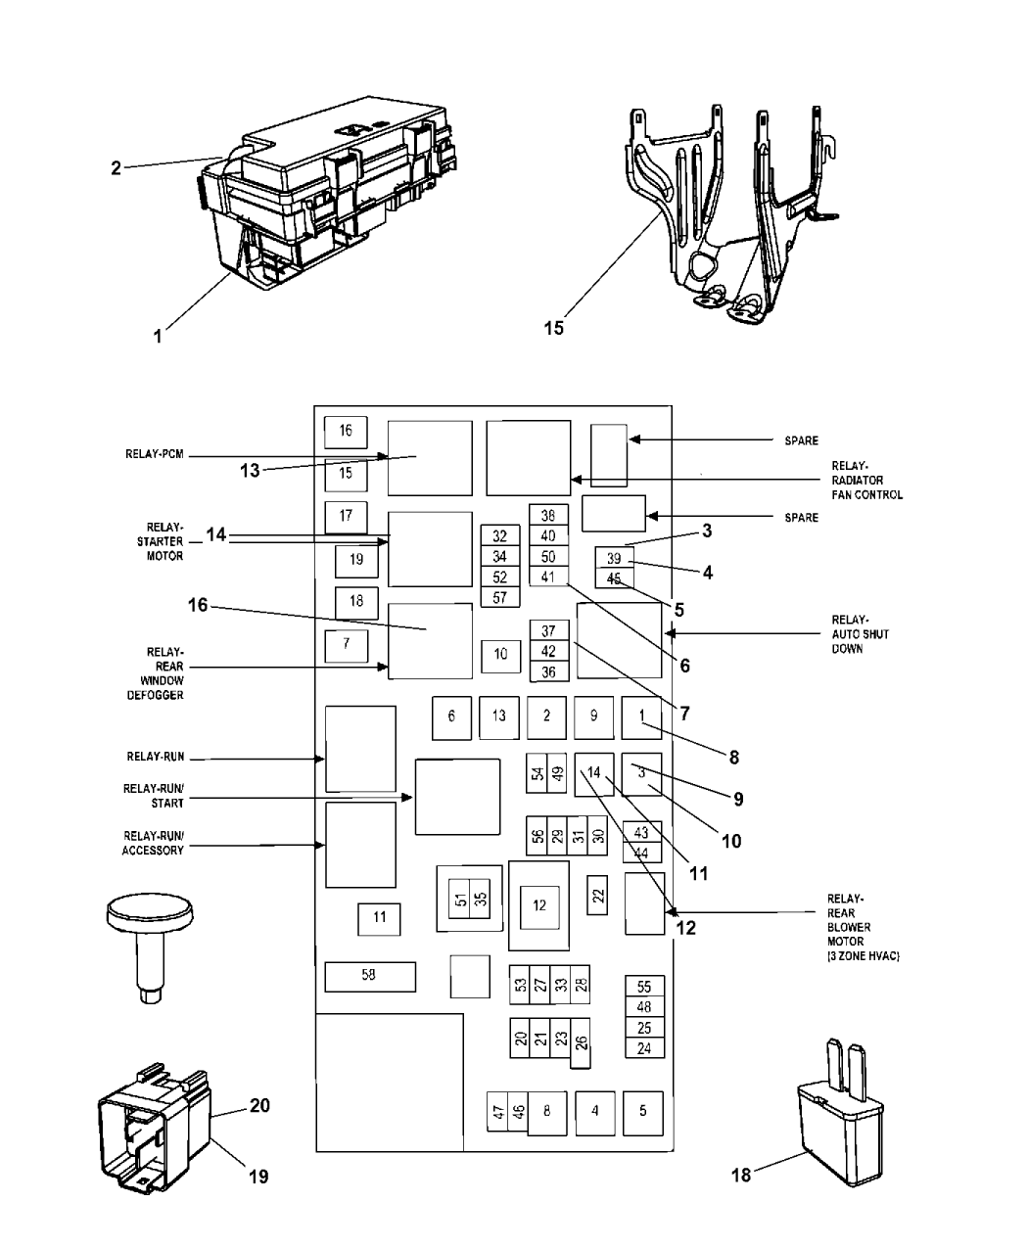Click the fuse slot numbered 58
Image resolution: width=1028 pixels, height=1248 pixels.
tap(369, 976)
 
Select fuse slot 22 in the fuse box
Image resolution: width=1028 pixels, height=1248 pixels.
tap(597, 895)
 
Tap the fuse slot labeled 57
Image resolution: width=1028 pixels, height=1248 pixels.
tap(500, 597)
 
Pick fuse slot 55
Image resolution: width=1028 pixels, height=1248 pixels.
tap(644, 987)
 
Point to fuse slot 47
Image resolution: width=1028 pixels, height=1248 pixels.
tap(497, 1111)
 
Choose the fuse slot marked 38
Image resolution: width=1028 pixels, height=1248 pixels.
tap(548, 515)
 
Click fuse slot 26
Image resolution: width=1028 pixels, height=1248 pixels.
tap(581, 1043)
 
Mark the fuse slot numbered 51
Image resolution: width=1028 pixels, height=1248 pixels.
tap(460, 899)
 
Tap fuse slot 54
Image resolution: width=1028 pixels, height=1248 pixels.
tap(537, 773)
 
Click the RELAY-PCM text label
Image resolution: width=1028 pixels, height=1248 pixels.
tap(155, 454)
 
